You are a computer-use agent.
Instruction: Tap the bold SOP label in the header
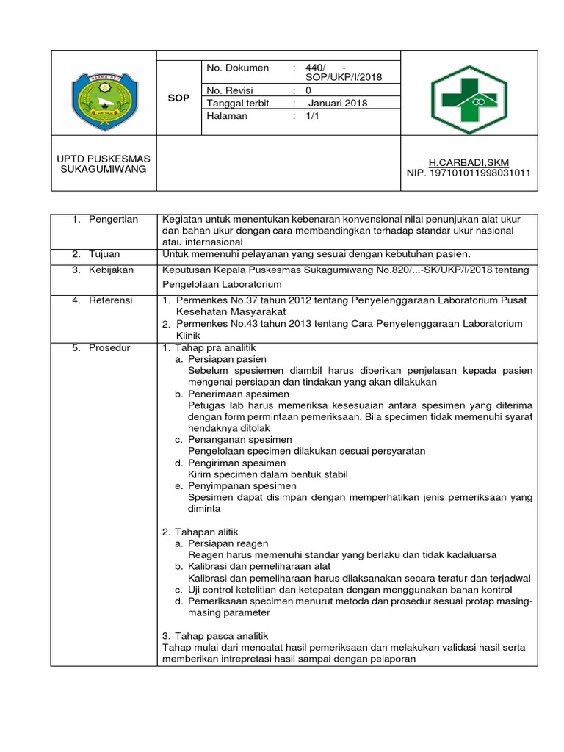178,97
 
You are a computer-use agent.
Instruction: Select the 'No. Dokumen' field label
239,68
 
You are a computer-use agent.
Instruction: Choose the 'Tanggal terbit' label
238,103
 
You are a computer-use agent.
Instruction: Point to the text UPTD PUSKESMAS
103,159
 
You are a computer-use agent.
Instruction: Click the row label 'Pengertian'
112,220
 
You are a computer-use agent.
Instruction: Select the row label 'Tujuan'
105,253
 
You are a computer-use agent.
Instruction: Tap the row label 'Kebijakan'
111,270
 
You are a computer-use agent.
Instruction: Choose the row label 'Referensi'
112,300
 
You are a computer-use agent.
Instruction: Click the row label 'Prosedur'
109,347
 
